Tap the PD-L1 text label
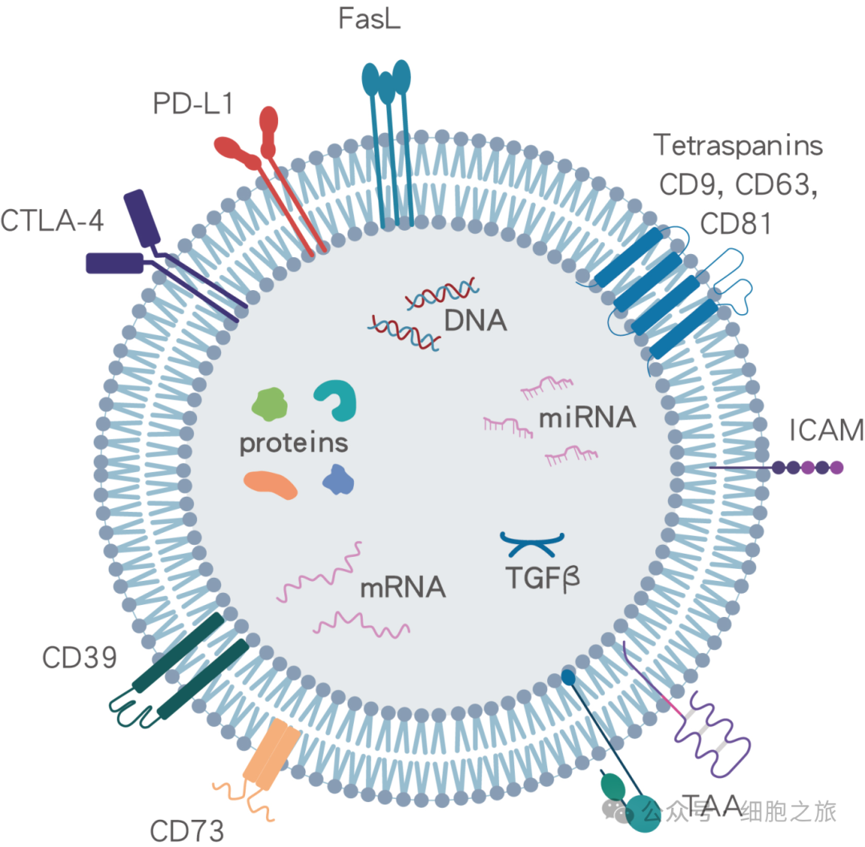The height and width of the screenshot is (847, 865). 191,103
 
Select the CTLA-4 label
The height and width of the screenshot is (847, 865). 52,220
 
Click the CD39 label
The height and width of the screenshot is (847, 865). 80,659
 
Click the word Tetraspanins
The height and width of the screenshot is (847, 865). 738,146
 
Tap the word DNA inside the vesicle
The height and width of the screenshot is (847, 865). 476,321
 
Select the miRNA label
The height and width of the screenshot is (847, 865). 587,417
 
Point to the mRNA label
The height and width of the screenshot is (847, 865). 402,587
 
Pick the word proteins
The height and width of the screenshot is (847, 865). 294,443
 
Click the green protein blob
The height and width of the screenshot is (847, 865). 270,404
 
